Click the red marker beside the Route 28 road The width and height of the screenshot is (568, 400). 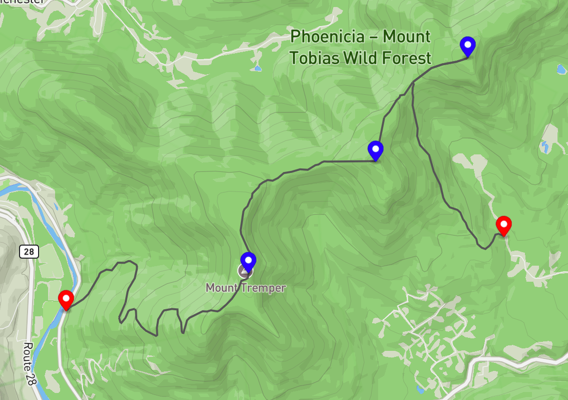[x=66, y=299]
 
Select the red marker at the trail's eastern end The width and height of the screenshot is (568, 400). [x=503, y=225]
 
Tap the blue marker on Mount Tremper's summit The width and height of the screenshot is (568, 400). [x=248, y=261]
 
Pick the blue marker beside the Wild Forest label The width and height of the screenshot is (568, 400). [x=467, y=46]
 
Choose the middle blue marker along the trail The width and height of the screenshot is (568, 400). [x=375, y=150]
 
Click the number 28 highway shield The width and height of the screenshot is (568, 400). [x=29, y=251]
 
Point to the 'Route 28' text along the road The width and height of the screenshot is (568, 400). [x=31, y=363]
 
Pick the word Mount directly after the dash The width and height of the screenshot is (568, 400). [x=406, y=37]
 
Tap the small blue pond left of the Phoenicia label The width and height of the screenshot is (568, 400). [x=257, y=67]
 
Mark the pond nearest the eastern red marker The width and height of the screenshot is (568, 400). [x=544, y=146]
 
